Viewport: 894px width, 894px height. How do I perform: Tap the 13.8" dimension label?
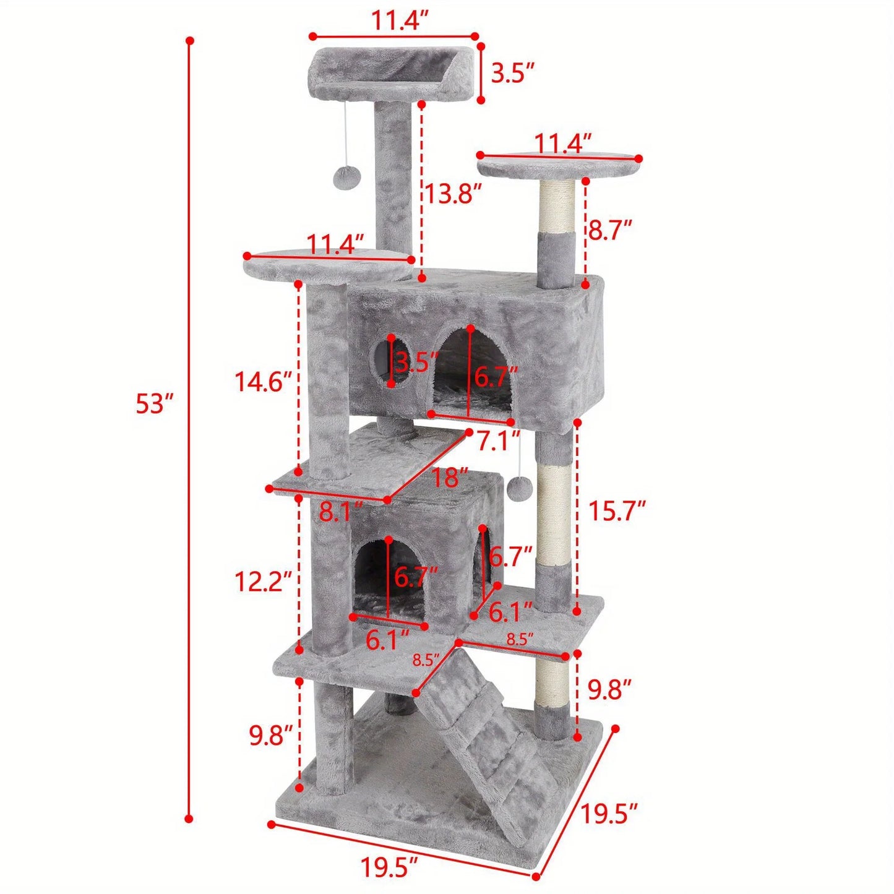coord(452,194)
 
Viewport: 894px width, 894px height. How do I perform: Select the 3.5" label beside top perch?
coord(512,74)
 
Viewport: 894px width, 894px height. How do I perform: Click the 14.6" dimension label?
coord(262,381)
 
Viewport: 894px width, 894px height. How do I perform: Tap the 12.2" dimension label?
coord(262,581)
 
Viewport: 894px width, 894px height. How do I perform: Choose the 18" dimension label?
coord(450,477)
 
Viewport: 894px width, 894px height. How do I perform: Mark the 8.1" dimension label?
coord(340,512)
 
